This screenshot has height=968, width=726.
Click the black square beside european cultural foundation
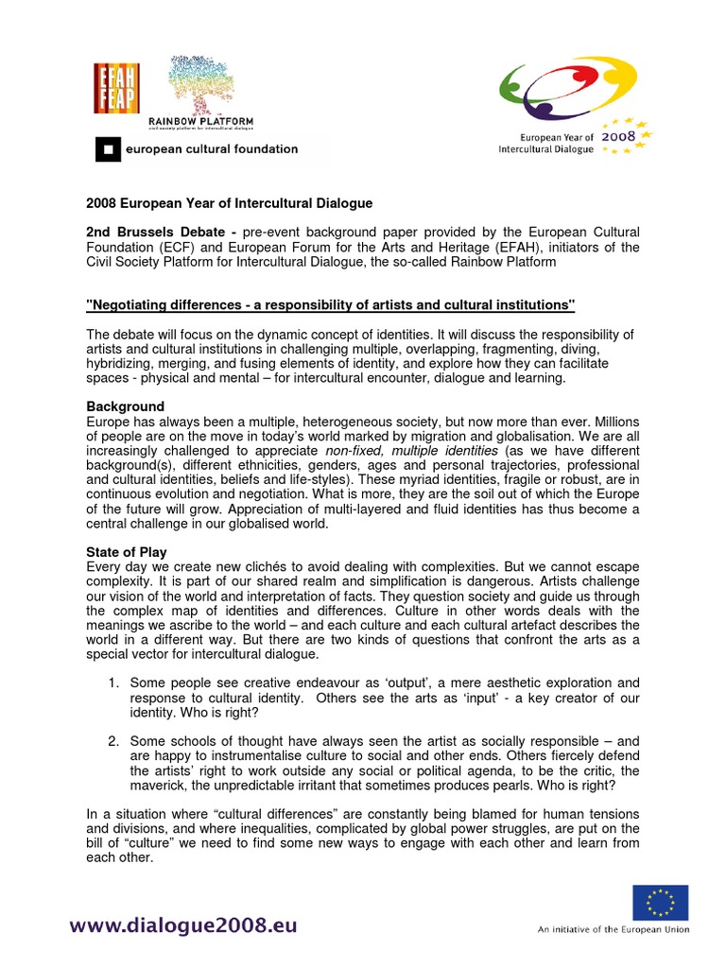(108, 148)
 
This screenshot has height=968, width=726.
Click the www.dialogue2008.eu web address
(182, 925)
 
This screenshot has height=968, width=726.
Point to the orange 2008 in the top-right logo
(621, 136)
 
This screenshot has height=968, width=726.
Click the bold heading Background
(125, 406)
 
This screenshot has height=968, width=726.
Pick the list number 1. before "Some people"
(112, 683)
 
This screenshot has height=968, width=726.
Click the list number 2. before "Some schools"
(112, 741)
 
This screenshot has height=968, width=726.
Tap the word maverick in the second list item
(157, 786)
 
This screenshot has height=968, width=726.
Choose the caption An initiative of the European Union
(614, 930)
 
